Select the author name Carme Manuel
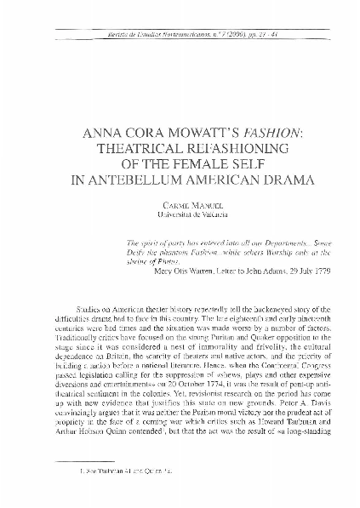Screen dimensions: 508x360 [180, 204]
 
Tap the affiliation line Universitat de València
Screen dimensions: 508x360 [180, 214]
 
